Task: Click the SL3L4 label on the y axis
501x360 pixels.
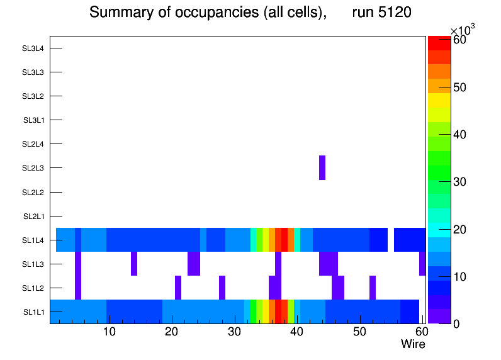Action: (33, 48)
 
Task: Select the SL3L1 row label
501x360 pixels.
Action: (33, 120)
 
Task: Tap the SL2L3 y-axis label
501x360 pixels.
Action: (33, 168)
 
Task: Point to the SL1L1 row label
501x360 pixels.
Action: (33, 312)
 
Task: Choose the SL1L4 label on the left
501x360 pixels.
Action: (33, 240)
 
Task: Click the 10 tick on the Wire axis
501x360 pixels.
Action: (110, 332)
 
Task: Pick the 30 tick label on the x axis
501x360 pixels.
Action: (234, 332)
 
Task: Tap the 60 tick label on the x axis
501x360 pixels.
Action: (420, 332)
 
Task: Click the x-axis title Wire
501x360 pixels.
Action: (413, 344)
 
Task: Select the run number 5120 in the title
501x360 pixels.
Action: (381, 13)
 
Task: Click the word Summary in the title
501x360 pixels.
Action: (116, 13)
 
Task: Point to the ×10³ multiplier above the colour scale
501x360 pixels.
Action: (463, 30)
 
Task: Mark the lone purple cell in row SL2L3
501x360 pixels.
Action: (322, 167)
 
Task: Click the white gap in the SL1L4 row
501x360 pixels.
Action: (391, 240)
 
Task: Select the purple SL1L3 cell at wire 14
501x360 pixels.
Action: (134, 264)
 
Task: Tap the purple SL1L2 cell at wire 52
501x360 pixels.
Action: (373, 288)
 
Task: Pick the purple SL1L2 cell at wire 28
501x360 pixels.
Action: (222, 288)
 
